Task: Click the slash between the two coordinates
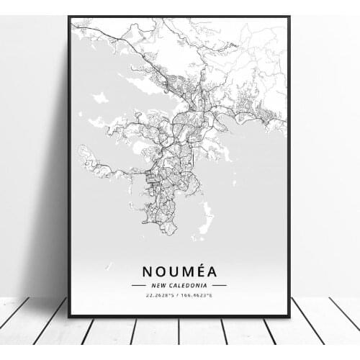tap(179, 295)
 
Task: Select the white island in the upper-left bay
tap(100, 97)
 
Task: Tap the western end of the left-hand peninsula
tap(82, 152)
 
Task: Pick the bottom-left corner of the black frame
tap(69, 317)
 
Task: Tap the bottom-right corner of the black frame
tap(289, 317)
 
